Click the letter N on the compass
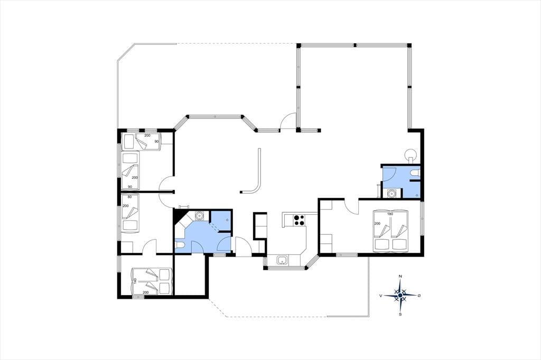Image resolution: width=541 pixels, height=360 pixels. coord(400,277)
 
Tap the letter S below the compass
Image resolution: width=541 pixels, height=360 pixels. coord(400,314)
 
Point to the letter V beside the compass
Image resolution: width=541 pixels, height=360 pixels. coord(380,296)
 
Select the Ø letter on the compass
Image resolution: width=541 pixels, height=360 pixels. coord(419,296)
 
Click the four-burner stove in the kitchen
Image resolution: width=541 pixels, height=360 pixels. coord(299,220)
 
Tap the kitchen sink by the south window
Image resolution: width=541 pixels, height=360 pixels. coord(283,260)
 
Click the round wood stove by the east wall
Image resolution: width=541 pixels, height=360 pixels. coord(411,154)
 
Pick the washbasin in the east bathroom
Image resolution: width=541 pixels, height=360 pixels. coord(391,193)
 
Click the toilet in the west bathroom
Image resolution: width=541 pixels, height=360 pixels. coord(181,245)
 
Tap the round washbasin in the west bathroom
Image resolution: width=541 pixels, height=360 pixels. coord(199,216)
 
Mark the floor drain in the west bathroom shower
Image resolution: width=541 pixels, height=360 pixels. coord(227,220)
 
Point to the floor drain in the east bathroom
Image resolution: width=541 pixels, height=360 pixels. coord(417,195)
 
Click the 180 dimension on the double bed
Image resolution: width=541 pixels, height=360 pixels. coord(390,214)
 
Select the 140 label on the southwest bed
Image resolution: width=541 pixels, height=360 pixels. coord(135,281)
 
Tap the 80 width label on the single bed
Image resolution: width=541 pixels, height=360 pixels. coord(130,197)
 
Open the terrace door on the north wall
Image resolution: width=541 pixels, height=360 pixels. coord(289,122)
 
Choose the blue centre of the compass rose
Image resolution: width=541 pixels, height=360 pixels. coord(400,296)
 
